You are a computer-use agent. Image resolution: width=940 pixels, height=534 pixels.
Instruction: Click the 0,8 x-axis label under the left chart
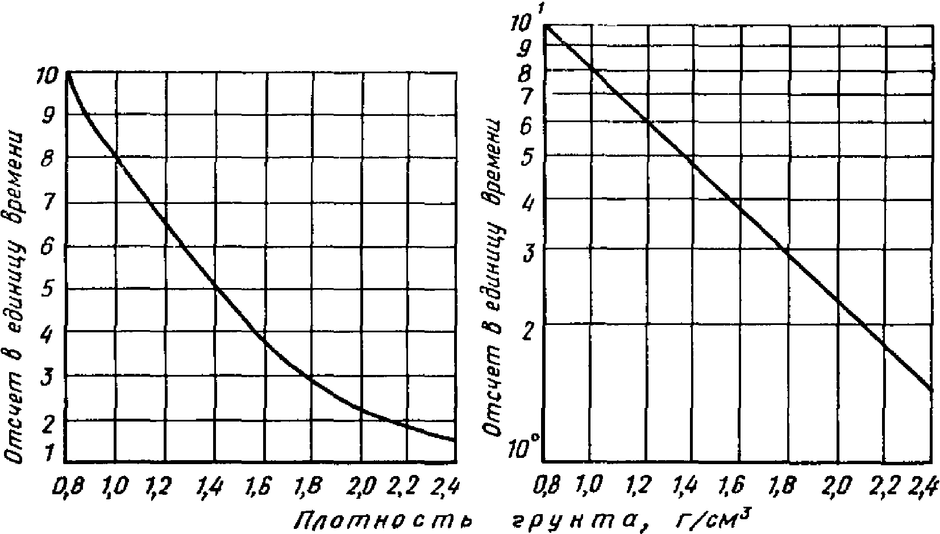click(68, 486)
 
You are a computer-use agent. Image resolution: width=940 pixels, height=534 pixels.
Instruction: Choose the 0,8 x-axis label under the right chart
click(547, 486)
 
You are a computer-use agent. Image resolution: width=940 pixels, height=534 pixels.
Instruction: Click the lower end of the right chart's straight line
click(931, 390)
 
